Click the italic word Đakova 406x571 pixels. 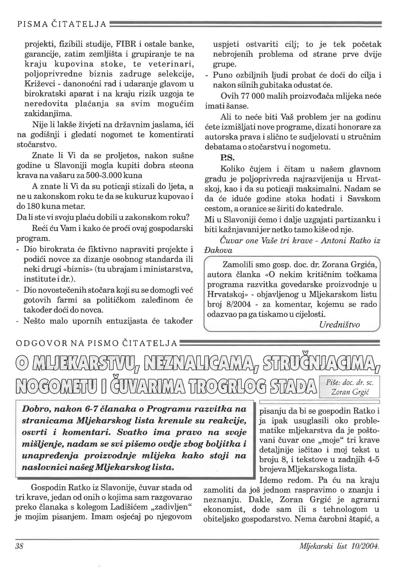(218, 250)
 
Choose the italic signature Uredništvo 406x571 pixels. (339, 325)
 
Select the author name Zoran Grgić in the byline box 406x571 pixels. (349, 392)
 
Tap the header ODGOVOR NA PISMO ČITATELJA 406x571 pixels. (96, 343)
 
